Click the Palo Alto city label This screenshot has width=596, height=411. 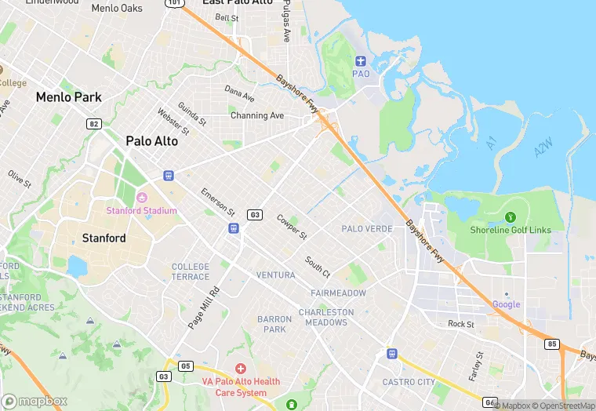click(x=151, y=141)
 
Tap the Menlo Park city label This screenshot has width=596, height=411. click(x=68, y=97)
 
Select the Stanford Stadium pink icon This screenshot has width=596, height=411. click(x=142, y=197)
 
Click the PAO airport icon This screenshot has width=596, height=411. click(x=361, y=61)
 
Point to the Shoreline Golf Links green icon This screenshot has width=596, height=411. click(x=511, y=216)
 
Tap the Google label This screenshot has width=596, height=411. click(x=506, y=304)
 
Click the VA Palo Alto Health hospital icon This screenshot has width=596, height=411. click(x=241, y=368)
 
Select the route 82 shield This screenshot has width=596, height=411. click(x=93, y=123)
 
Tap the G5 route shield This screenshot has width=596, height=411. click(x=185, y=366)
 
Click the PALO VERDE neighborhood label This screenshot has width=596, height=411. click(x=366, y=228)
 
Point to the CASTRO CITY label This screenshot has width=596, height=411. click(x=409, y=382)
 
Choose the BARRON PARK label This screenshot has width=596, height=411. click(x=274, y=324)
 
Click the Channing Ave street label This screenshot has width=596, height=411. click(x=256, y=115)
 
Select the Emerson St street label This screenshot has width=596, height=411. click(x=217, y=202)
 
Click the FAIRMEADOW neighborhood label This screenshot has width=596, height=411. click(x=338, y=293)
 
